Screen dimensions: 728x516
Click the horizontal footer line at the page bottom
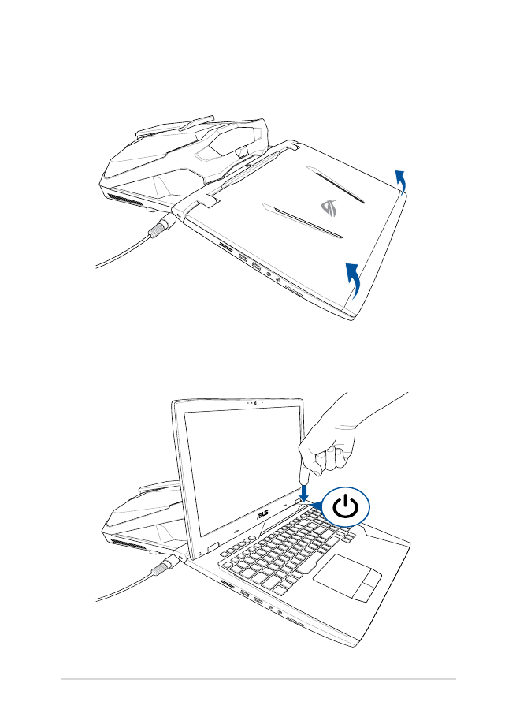tap(258, 679)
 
